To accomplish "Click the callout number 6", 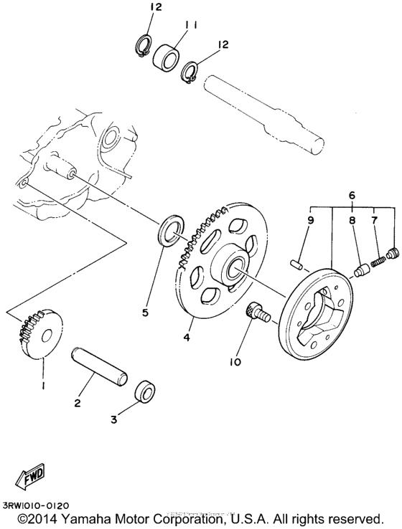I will (351, 195).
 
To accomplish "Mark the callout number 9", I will (309, 220).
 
